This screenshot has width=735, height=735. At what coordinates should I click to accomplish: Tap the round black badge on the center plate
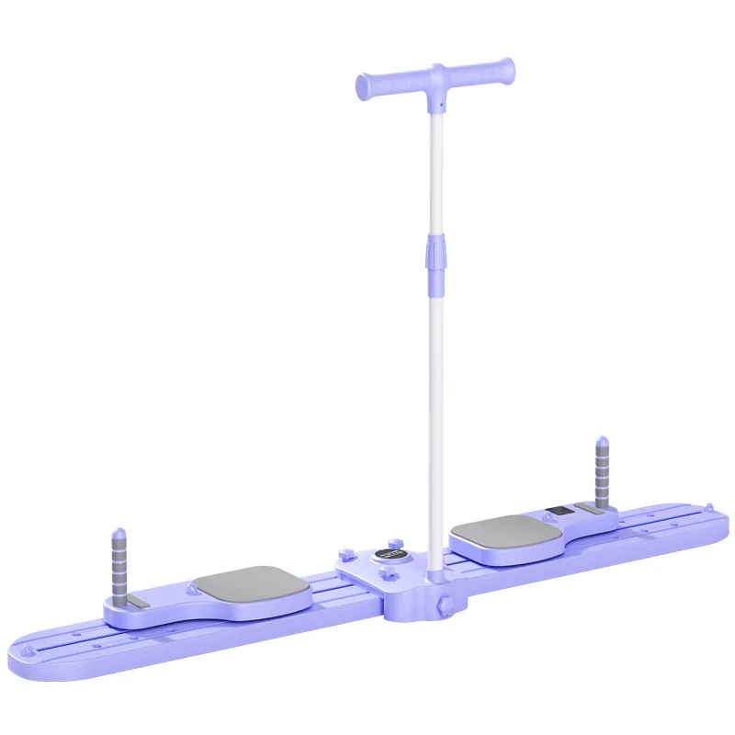pyautogui.click(x=387, y=557)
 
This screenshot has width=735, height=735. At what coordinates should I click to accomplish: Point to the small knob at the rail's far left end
pyautogui.click(x=37, y=653)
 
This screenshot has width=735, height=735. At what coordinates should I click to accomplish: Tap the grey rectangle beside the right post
pyautogui.click(x=589, y=507)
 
